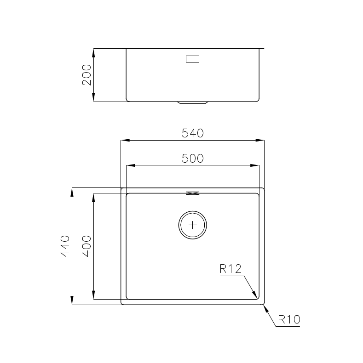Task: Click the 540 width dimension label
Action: (x=192, y=133)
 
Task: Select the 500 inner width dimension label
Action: (x=192, y=159)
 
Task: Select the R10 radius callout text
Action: (x=289, y=319)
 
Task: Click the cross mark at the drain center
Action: (x=192, y=225)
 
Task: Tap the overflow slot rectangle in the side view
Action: (x=192, y=59)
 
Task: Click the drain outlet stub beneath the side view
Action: (x=192, y=103)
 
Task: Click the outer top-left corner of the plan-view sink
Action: (x=121, y=188)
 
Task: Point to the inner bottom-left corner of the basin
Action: (x=127, y=298)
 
